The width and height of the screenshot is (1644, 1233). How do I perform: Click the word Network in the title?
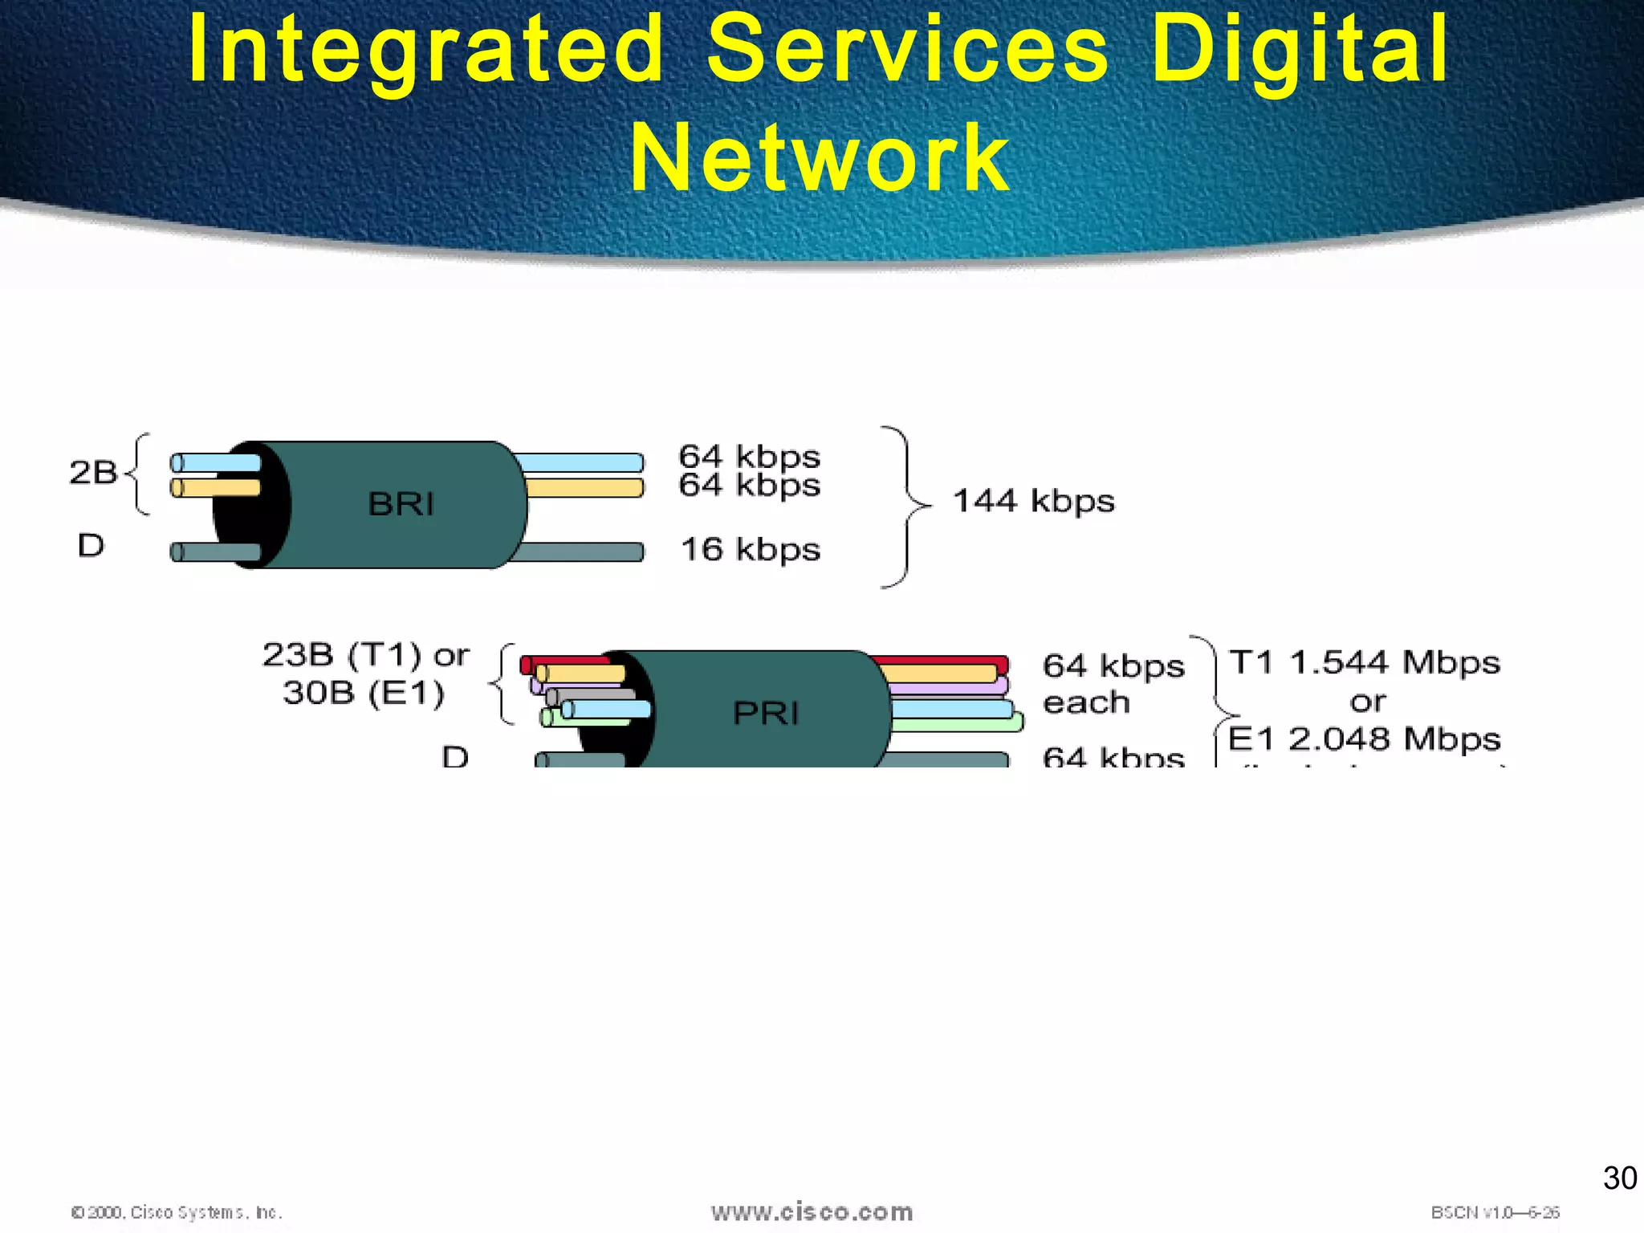[820, 158]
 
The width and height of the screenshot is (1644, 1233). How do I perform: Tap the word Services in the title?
[908, 50]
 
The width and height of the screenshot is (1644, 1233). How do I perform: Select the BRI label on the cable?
[401, 504]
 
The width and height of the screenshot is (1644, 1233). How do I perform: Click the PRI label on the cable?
[766, 713]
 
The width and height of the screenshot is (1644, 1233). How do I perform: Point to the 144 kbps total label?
[1033, 501]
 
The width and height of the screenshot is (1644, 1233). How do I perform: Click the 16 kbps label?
[750, 550]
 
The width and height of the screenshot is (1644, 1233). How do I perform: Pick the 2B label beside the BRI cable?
[93, 472]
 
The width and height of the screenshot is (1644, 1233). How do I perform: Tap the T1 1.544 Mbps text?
[1364, 662]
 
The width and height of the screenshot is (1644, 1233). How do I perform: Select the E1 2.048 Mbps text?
[1364, 739]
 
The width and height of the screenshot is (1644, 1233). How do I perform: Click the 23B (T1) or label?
[365, 655]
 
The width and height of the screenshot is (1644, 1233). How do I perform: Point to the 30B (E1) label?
[364, 692]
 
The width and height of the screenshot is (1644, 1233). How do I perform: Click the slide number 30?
[1619, 1178]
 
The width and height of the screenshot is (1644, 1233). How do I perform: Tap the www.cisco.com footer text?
[812, 1212]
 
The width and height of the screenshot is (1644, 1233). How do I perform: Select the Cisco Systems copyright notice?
[177, 1212]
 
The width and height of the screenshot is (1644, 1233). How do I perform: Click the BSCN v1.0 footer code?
[1495, 1212]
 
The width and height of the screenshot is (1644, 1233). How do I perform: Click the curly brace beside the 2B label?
[139, 474]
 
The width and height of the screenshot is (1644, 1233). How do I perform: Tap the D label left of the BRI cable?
[91, 546]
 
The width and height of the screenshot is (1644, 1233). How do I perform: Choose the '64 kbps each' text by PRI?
[1113, 683]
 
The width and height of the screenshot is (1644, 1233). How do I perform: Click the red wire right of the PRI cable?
[939, 661]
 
